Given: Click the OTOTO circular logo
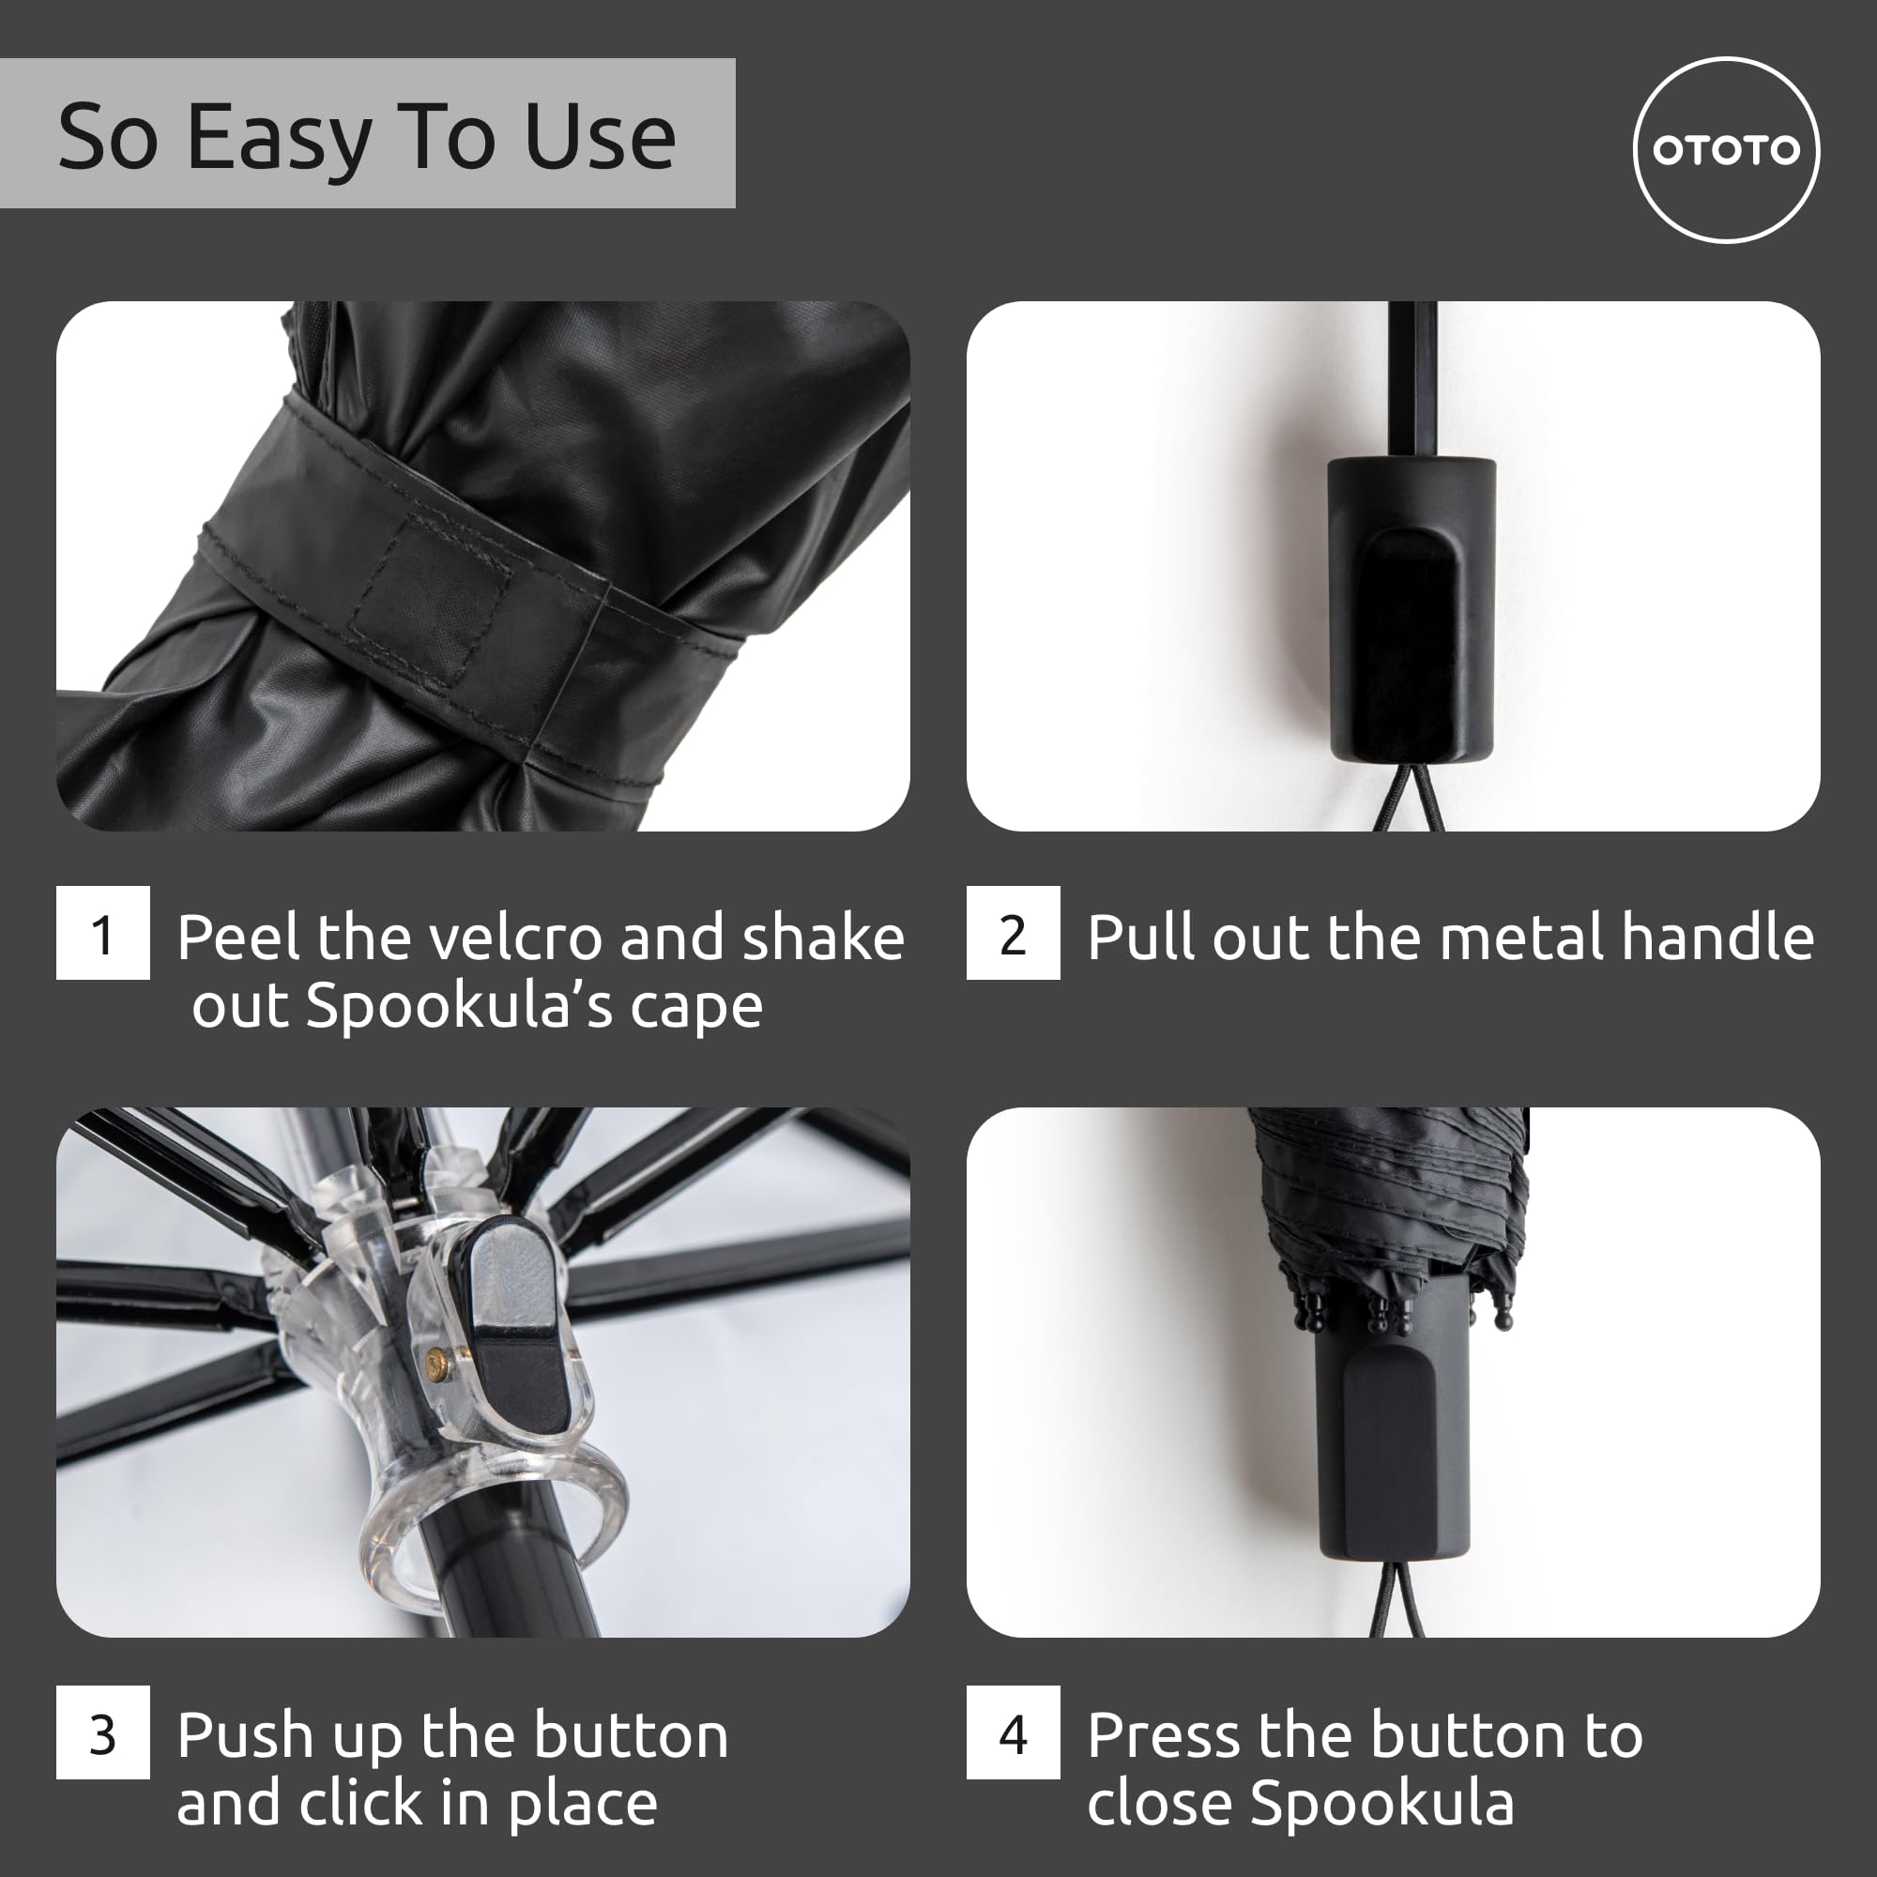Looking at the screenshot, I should [x=1726, y=149].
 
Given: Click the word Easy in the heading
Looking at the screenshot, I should [x=279, y=138].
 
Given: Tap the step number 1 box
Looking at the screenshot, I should [x=103, y=933].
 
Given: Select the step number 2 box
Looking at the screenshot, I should [x=1013, y=933].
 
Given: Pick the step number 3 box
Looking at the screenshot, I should [x=103, y=1732].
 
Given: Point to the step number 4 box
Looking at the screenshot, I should [x=1013, y=1732].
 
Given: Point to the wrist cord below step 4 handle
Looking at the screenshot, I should [x=1397, y=1598].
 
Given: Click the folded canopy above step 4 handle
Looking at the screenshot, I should [x=1389, y=1195].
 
